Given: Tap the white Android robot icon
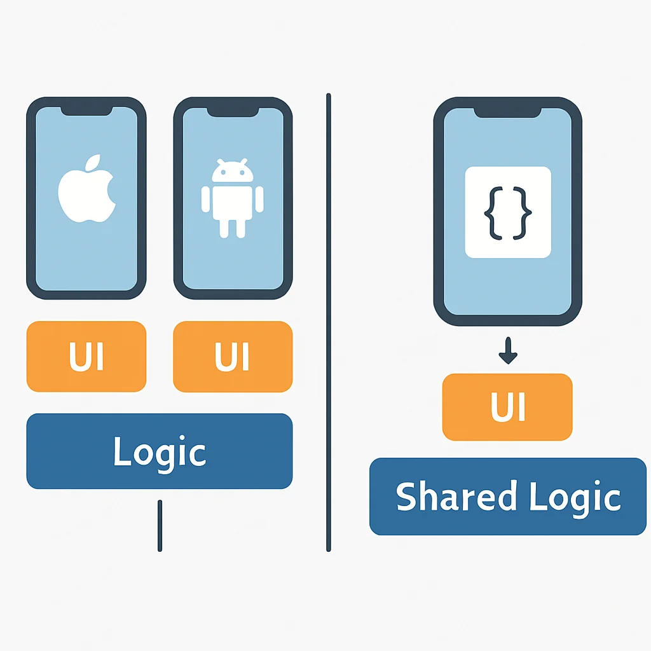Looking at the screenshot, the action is [233, 198].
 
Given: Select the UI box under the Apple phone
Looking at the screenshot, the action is [86, 356].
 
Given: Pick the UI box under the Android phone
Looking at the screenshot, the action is [233, 356].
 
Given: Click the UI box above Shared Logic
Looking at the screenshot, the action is [507, 407].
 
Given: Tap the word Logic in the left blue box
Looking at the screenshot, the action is [160, 454].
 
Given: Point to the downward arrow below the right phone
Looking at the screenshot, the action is [508, 350].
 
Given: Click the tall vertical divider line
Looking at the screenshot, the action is [329, 322].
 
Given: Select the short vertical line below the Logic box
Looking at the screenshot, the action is [160, 526].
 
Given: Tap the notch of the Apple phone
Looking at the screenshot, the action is [86, 111].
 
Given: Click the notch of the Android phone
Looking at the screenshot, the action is [233, 112].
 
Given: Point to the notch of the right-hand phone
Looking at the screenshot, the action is [507, 113].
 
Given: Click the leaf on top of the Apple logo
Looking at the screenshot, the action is [93, 162].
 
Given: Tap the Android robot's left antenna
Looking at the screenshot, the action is [221, 161].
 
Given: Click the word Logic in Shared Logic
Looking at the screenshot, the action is [575, 498].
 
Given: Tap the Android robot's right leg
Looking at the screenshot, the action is [241, 229].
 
